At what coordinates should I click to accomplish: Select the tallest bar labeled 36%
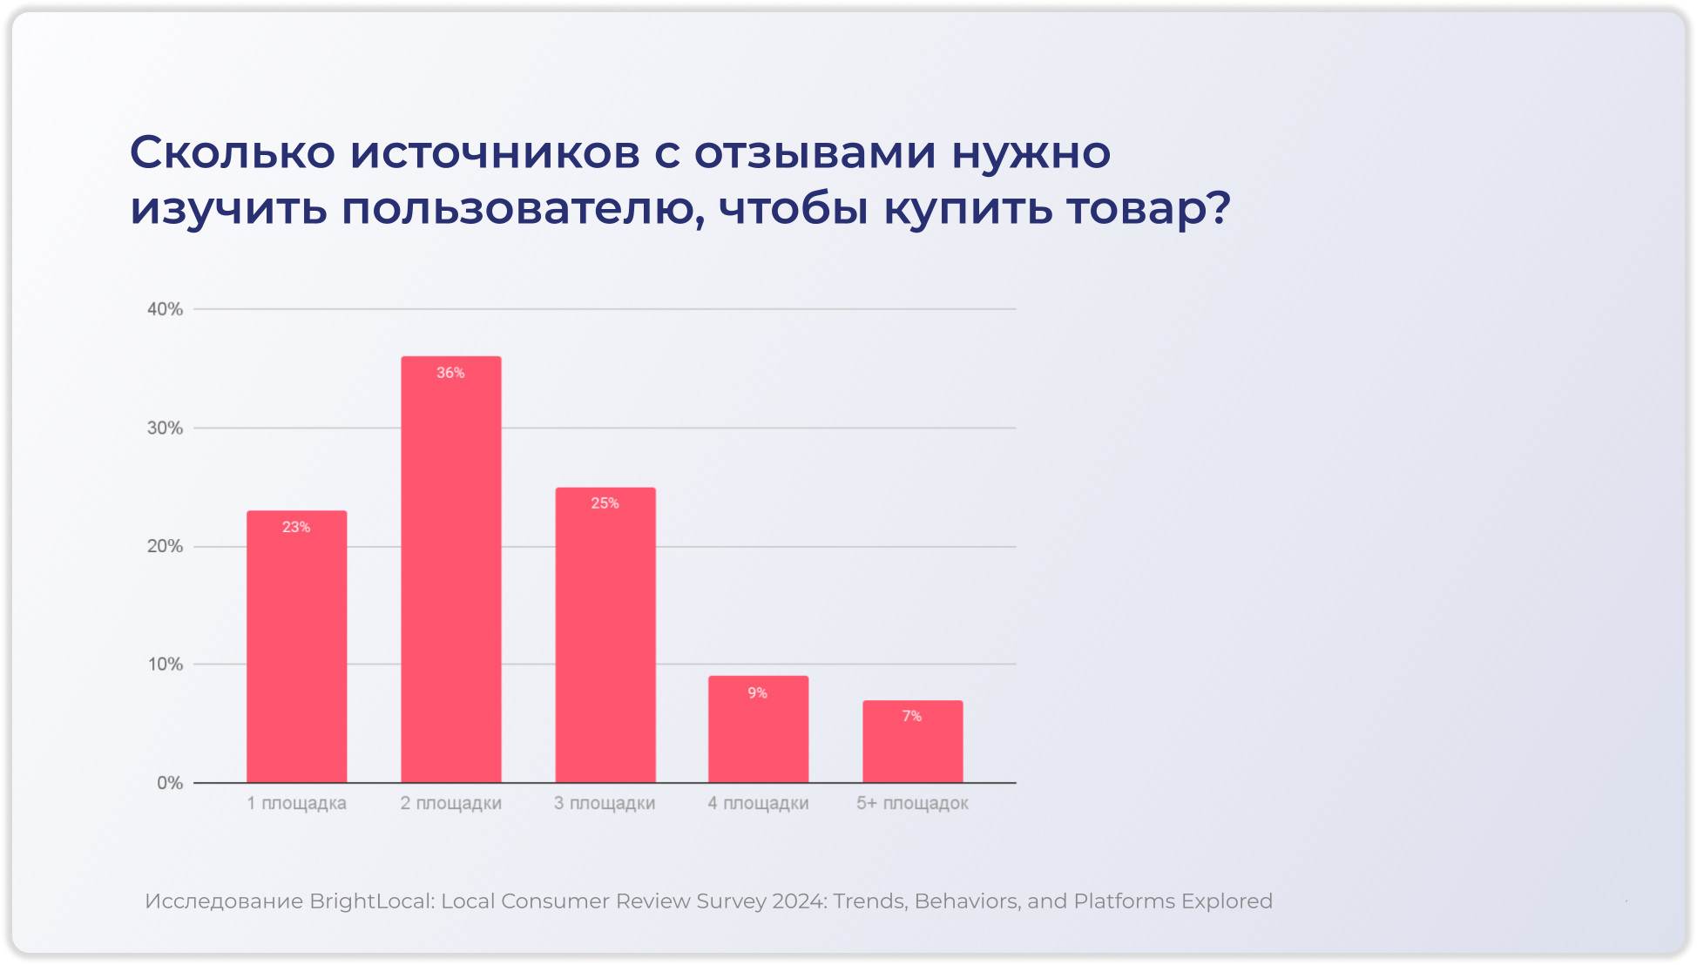pos(450,570)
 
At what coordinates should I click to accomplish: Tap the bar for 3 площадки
pos(605,635)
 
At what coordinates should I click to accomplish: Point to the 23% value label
pos(296,527)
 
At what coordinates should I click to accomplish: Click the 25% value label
pos(605,503)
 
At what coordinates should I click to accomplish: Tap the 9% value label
pos(757,693)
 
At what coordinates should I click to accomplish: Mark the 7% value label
pos(911,716)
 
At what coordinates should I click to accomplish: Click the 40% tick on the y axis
pos(165,309)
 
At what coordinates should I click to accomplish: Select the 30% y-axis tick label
pos(165,428)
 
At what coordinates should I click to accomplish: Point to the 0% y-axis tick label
pos(170,783)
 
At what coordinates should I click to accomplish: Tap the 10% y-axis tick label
pos(165,665)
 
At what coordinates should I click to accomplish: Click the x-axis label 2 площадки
pos(450,803)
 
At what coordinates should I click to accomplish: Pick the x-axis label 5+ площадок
pos(912,803)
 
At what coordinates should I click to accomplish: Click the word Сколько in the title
pos(232,152)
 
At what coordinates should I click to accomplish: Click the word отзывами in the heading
pos(815,152)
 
